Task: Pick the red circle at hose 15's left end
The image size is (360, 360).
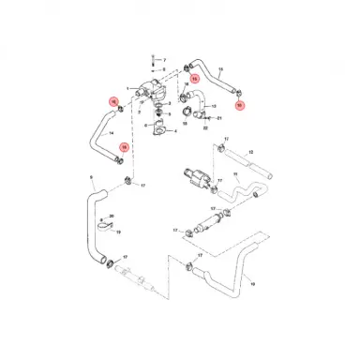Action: click(195, 80)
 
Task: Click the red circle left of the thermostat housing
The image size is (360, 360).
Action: click(113, 102)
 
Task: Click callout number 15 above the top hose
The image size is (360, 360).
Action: click(220, 69)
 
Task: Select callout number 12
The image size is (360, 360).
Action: click(250, 151)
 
